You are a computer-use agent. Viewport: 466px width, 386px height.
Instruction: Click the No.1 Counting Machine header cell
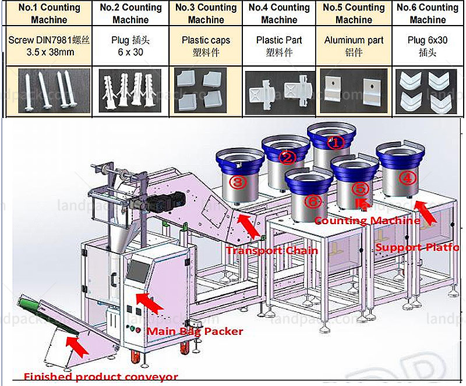click(49, 13)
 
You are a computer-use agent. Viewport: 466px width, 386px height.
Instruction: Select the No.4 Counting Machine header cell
click(279, 13)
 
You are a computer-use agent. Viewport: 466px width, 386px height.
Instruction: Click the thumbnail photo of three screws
click(48, 88)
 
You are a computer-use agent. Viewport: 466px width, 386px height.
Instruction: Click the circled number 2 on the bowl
click(286, 157)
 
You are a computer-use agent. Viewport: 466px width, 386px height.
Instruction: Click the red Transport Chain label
click(271, 250)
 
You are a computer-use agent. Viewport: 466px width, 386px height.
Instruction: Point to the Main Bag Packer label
click(194, 331)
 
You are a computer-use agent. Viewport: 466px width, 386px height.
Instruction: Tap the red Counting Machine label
click(367, 221)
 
